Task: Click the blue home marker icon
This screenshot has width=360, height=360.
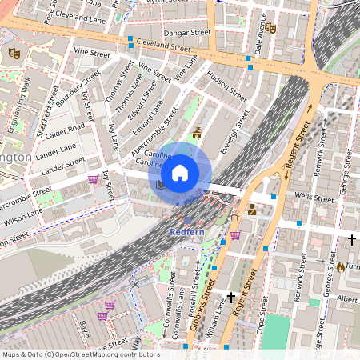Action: pos(180,172)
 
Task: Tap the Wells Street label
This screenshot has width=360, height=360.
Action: pos(313,196)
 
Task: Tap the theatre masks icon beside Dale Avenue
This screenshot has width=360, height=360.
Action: pos(272,29)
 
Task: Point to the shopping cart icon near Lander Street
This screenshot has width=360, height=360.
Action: pos(93,179)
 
